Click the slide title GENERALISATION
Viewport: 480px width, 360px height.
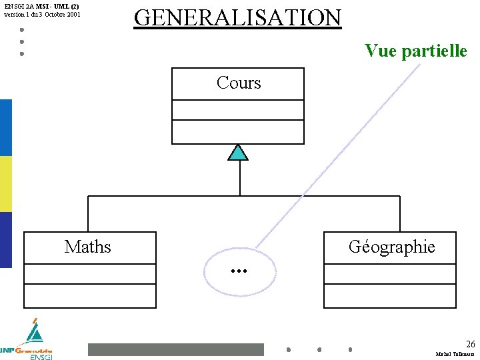coord(237,17)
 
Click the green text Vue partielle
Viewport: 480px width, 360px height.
coord(415,51)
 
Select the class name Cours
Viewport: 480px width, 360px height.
coord(238,83)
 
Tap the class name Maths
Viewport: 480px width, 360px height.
coord(88,247)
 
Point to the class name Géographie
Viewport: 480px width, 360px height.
coord(391,247)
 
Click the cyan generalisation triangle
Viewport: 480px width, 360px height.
coord(237,153)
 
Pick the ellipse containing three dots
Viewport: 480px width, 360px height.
coord(239,272)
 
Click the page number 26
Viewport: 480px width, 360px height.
coord(470,344)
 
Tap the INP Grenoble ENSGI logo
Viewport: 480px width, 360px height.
coord(29,341)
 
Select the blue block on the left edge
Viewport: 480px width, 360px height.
coord(5,127)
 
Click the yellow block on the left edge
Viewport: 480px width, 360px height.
coord(5,184)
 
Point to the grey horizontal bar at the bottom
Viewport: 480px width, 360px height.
coord(176,349)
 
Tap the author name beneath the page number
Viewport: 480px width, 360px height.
coord(455,354)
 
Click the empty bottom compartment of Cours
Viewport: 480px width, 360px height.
coord(238,131)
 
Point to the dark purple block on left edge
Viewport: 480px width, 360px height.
coord(5,240)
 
